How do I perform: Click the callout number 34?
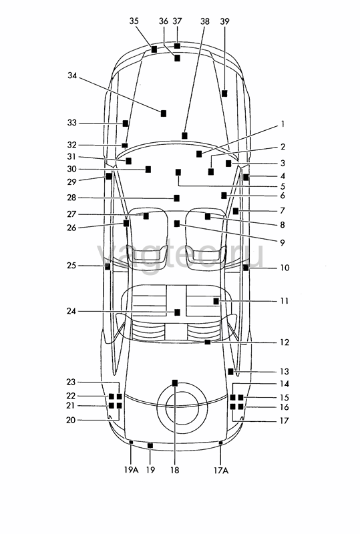tap(72, 75)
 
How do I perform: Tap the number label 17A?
tap(221, 471)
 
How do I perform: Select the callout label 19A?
tap(132, 470)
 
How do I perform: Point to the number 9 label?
tap(283, 242)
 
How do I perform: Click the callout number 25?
tap(71, 265)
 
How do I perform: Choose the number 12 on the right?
tap(285, 342)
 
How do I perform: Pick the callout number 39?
tap(224, 21)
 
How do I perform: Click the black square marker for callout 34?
tap(164, 113)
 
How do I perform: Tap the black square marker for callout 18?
tap(175, 383)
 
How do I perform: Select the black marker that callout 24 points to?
tap(177, 312)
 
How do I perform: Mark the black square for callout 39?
tap(224, 93)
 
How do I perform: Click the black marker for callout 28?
tap(176, 198)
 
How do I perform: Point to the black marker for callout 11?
tap(216, 302)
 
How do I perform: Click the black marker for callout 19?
tap(150, 445)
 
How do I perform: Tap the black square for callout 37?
tap(177, 46)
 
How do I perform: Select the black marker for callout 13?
tap(231, 372)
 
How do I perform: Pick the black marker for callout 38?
tap(184, 136)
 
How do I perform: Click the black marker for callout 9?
tap(176, 224)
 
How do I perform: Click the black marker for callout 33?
tap(126, 123)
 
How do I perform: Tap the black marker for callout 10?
tap(246, 268)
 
